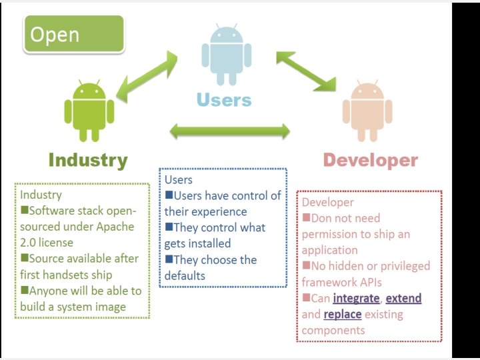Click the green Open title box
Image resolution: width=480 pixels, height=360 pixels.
pyautogui.click(x=73, y=34)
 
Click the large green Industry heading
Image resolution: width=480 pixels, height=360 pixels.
pyautogui.click(x=87, y=160)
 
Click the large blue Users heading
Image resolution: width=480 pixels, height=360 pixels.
pyautogui.click(x=224, y=101)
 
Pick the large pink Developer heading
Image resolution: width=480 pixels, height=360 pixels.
pyautogui.click(x=370, y=160)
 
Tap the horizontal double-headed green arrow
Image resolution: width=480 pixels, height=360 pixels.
pyautogui.click(x=230, y=131)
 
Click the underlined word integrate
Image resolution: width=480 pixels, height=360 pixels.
pyautogui.click(x=356, y=298)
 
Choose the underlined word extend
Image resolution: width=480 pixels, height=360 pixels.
pyautogui.click(x=403, y=298)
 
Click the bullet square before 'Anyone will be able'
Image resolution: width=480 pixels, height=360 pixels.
pyautogui.click(x=24, y=291)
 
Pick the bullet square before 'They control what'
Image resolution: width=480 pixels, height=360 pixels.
pyautogui.click(x=169, y=227)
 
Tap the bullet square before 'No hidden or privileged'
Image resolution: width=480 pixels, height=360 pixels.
pyautogui.click(x=306, y=266)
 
